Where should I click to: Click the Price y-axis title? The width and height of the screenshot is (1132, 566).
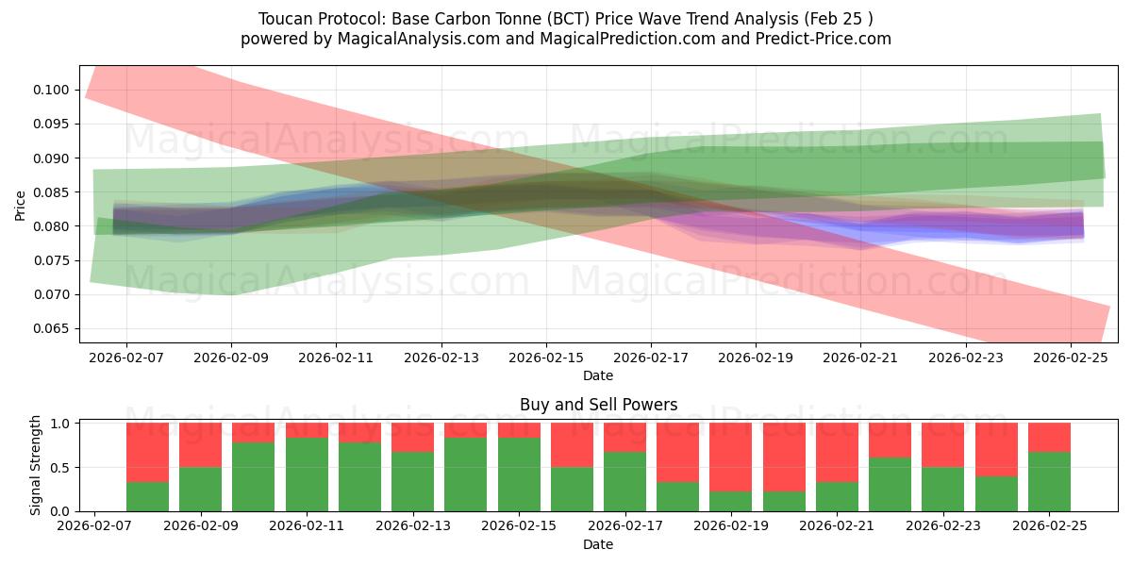pos(21,204)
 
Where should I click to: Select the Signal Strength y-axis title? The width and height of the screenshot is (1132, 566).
pos(35,465)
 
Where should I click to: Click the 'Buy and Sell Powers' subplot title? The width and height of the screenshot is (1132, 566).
pos(598,405)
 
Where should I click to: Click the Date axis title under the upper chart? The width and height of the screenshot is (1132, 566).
pos(598,375)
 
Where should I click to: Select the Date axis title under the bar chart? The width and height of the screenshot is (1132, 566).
pos(598,544)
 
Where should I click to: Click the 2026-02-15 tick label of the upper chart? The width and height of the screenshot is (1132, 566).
pos(545,358)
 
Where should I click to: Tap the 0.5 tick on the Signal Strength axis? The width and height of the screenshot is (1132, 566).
pos(62,467)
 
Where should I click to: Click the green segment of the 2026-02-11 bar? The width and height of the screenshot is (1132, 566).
pos(308,474)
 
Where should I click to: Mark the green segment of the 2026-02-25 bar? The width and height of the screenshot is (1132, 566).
pos(1050,481)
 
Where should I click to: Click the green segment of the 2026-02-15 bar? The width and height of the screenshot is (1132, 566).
pos(519,474)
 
